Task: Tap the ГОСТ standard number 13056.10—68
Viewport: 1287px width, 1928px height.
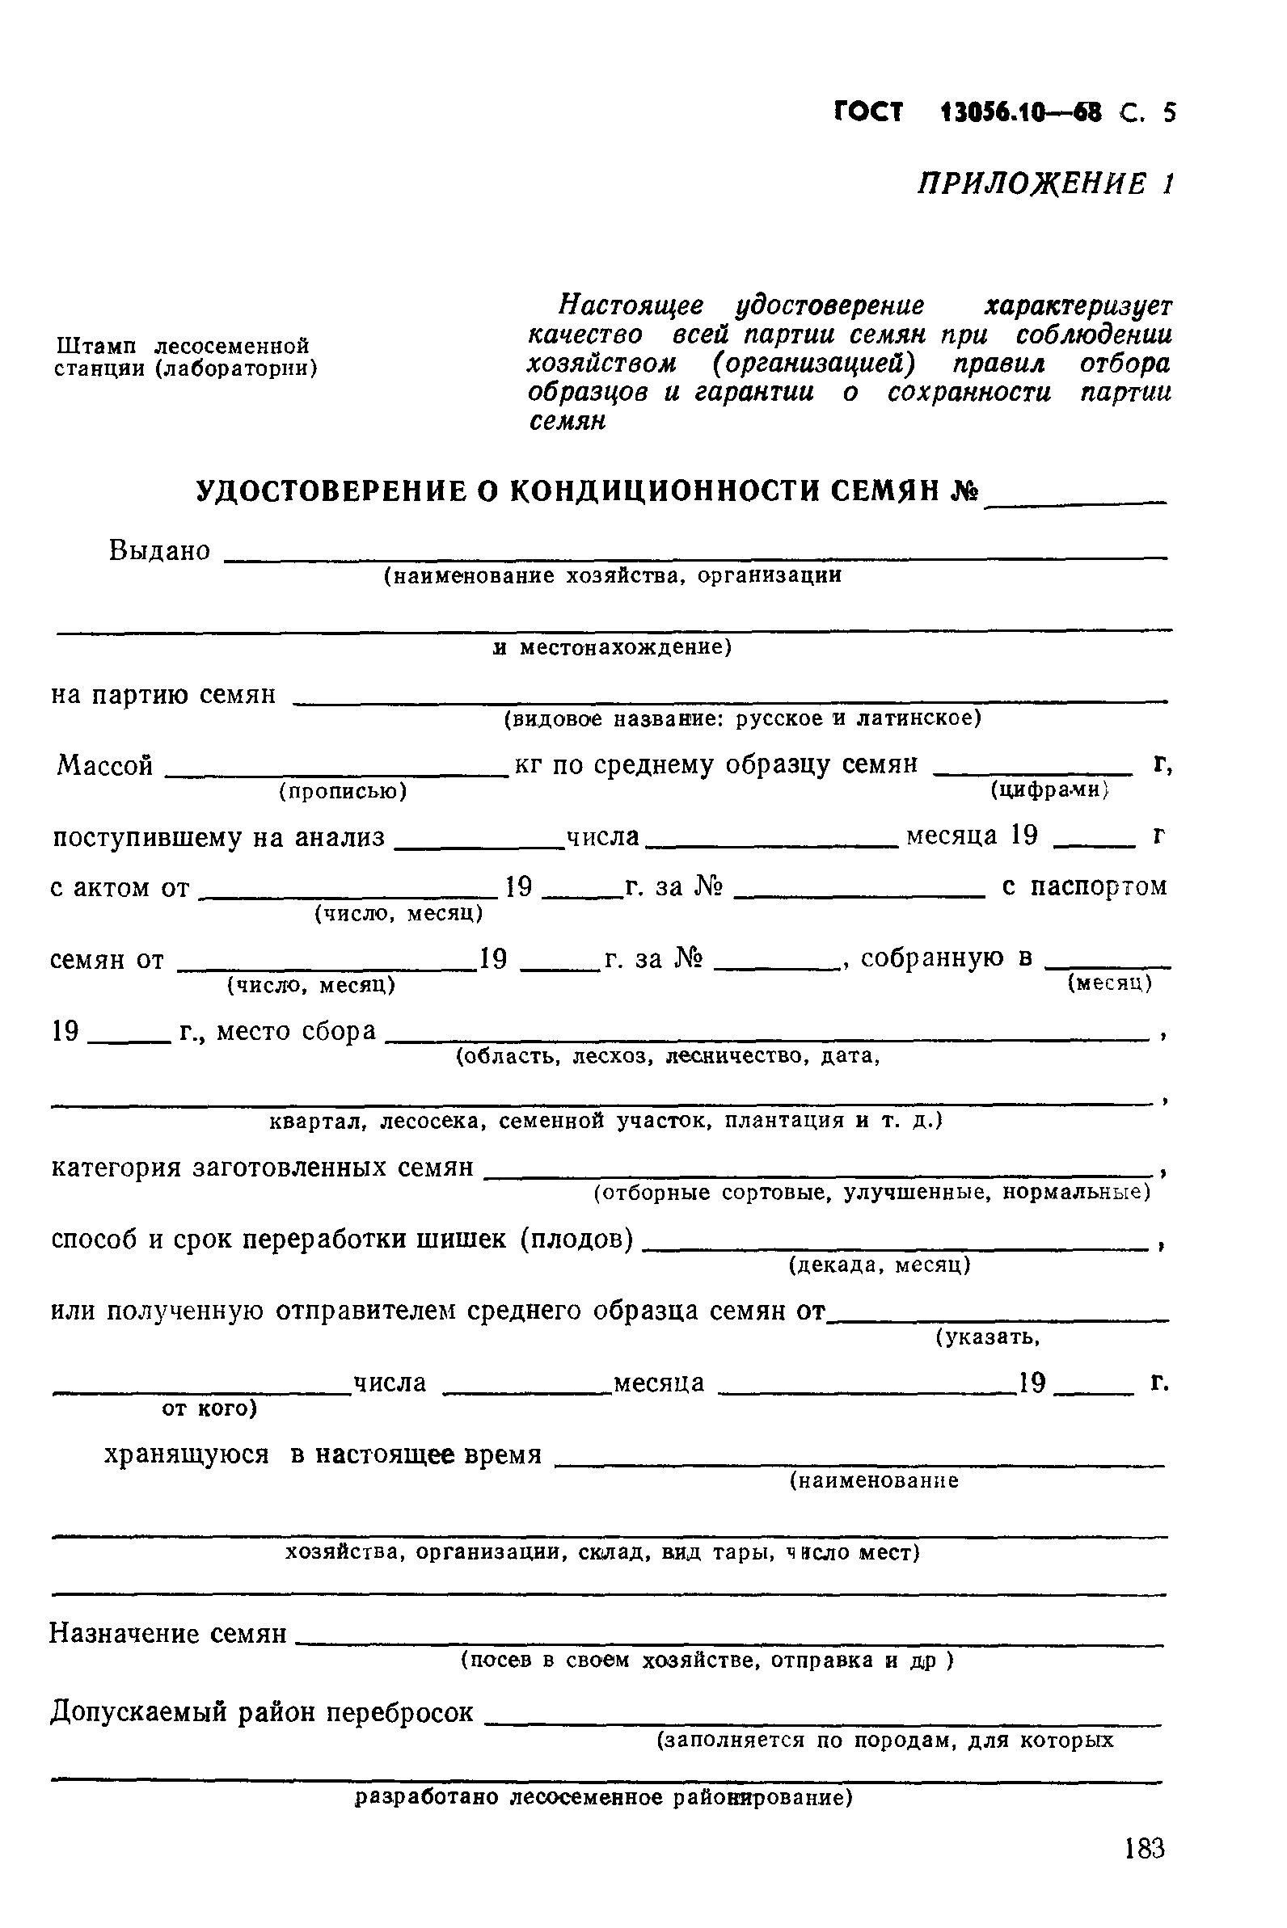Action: click(1021, 112)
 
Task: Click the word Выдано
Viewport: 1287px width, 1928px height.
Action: click(159, 550)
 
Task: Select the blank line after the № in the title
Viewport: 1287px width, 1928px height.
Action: click(1075, 495)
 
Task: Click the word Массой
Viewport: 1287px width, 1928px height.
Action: click(105, 765)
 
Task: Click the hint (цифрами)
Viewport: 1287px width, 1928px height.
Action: click(1050, 790)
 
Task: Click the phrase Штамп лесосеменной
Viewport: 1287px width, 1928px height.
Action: click(181, 344)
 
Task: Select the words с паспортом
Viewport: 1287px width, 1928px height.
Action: click(1084, 887)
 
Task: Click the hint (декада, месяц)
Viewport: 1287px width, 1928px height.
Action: click(879, 1265)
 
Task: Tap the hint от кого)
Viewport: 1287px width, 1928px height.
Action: click(209, 1408)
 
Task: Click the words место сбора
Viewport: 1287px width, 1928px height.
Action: click(297, 1030)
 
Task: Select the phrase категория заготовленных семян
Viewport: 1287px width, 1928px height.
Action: click(262, 1166)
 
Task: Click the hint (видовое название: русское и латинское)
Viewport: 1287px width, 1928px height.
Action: click(742, 718)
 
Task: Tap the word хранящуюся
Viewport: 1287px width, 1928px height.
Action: click(186, 1454)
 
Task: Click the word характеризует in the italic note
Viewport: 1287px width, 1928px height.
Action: click(1078, 306)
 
